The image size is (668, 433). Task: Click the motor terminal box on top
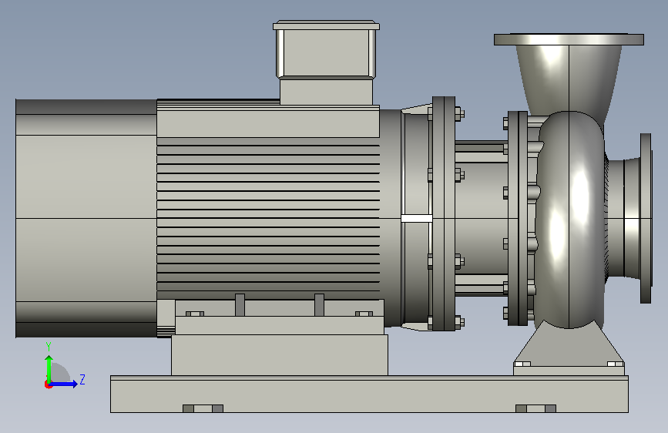click(327, 62)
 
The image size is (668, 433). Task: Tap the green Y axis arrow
click(49, 370)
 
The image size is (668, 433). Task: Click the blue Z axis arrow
click(62, 384)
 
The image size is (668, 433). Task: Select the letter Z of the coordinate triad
click(82, 379)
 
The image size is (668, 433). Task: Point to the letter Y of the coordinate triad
click(49, 347)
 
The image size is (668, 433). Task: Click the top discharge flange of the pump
click(569, 39)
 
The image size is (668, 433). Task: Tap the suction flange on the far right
click(646, 218)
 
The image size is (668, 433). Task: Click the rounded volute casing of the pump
click(569, 220)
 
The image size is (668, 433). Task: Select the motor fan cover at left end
click(86, 218)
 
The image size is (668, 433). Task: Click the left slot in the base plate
click(203, 408)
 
